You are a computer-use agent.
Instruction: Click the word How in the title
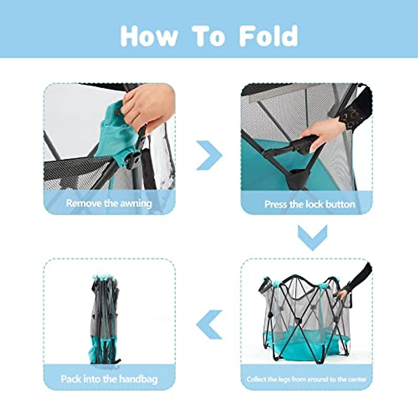(x=149, y=36)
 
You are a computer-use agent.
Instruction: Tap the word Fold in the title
(x=269, y=36)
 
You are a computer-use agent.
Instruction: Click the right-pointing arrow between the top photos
(x=209, y=155)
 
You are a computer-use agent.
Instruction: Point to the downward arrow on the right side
(x=312, y=237)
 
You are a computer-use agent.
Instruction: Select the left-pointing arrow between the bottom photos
(x=209, y=325)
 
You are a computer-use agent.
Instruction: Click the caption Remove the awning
(x=109, y=203)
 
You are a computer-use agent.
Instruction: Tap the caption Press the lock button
(x=310, y=204)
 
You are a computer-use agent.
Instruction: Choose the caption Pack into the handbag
(x=109, y=379)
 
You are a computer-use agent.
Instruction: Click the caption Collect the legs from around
(x=307, y=379)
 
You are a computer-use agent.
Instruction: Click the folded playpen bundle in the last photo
(x=104, y=319)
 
